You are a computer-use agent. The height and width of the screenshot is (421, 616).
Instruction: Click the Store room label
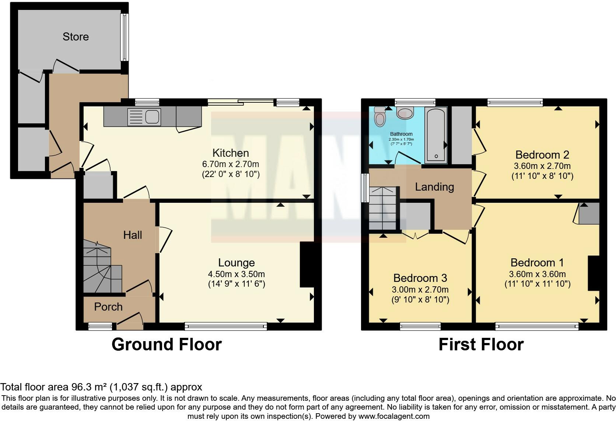coord(76,36)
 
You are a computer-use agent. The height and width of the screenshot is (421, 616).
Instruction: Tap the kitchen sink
coord(144,116)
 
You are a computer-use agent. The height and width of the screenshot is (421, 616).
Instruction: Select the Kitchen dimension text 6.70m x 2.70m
coord(231,164)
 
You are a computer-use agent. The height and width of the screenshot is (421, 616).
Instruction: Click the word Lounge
coord(237,262)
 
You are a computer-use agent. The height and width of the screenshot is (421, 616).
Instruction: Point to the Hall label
coord(133,235)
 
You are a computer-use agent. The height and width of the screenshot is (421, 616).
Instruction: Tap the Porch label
coord(108,307)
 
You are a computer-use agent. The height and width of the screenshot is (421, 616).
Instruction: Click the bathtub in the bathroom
coord(436,135)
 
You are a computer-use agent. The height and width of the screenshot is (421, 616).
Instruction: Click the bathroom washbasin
coord(405,113)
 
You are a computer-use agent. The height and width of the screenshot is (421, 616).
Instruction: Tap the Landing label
coord(434,187)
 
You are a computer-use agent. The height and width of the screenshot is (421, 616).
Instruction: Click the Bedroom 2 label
coord(542,155)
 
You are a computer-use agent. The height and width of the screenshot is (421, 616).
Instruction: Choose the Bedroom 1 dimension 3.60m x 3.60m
coord(538,274)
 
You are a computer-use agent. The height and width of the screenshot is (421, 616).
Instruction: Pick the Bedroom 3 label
coord(420,278)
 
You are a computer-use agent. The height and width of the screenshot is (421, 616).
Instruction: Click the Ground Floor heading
coord(167,344)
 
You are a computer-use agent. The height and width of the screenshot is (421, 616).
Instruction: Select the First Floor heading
coord(481,344)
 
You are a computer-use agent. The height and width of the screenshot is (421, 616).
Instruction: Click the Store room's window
coord(125,37)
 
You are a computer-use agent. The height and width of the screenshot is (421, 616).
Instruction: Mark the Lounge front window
coord(226,326)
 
